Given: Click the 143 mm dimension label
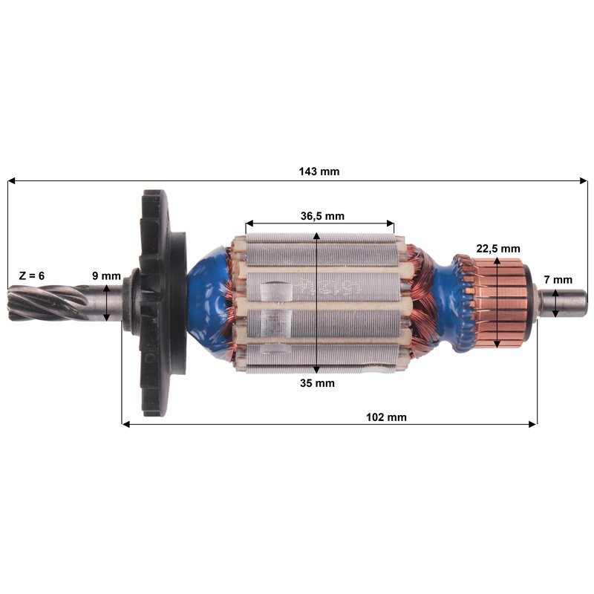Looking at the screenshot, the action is pyautogui.click(x=319, y=172).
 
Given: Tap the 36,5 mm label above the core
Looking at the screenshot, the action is pyautogui.click(x=322, y=216).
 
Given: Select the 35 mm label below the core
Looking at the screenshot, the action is pyautogui.click(x=317, y=383).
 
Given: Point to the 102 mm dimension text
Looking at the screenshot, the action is pyautogui.click(x=386, y=417).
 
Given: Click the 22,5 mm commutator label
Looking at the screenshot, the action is pyautogui.click(x=497, y=249).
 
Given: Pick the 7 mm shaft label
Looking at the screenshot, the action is pyautogui.click(x=558, y=280).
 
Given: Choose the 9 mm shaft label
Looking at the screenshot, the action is pyautogui.click(x=106, y=275).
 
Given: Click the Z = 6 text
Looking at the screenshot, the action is pyautogui.click(x=32, y=275).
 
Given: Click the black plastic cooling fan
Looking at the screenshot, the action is pyautogui.click(x=159, y=303).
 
